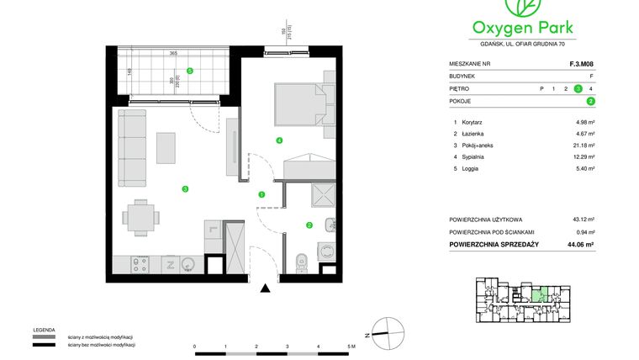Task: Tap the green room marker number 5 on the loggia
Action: pyautogui.click(x=190, y=71)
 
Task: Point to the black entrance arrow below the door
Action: pyautogui.click(x=266, y=289)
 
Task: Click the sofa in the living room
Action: pyautogui.click(x=130, y=149)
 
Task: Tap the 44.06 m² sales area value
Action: pyautogui.click(x=580, y=244)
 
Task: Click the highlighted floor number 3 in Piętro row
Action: pyautogui.click(x=578, y=88)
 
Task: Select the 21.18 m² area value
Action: pyautogui.click(x=584, y=145)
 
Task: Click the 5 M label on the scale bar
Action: pyautogui.click(x=352, y=347)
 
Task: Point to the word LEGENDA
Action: pyautogui.click(x=45, y=330)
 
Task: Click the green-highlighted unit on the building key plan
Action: pyautogui.click(x=544, y=294)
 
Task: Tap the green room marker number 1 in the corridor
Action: pyautogui.click(x=261, y=194)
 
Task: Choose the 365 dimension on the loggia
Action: pyautogui.click(x=172, y=54)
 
